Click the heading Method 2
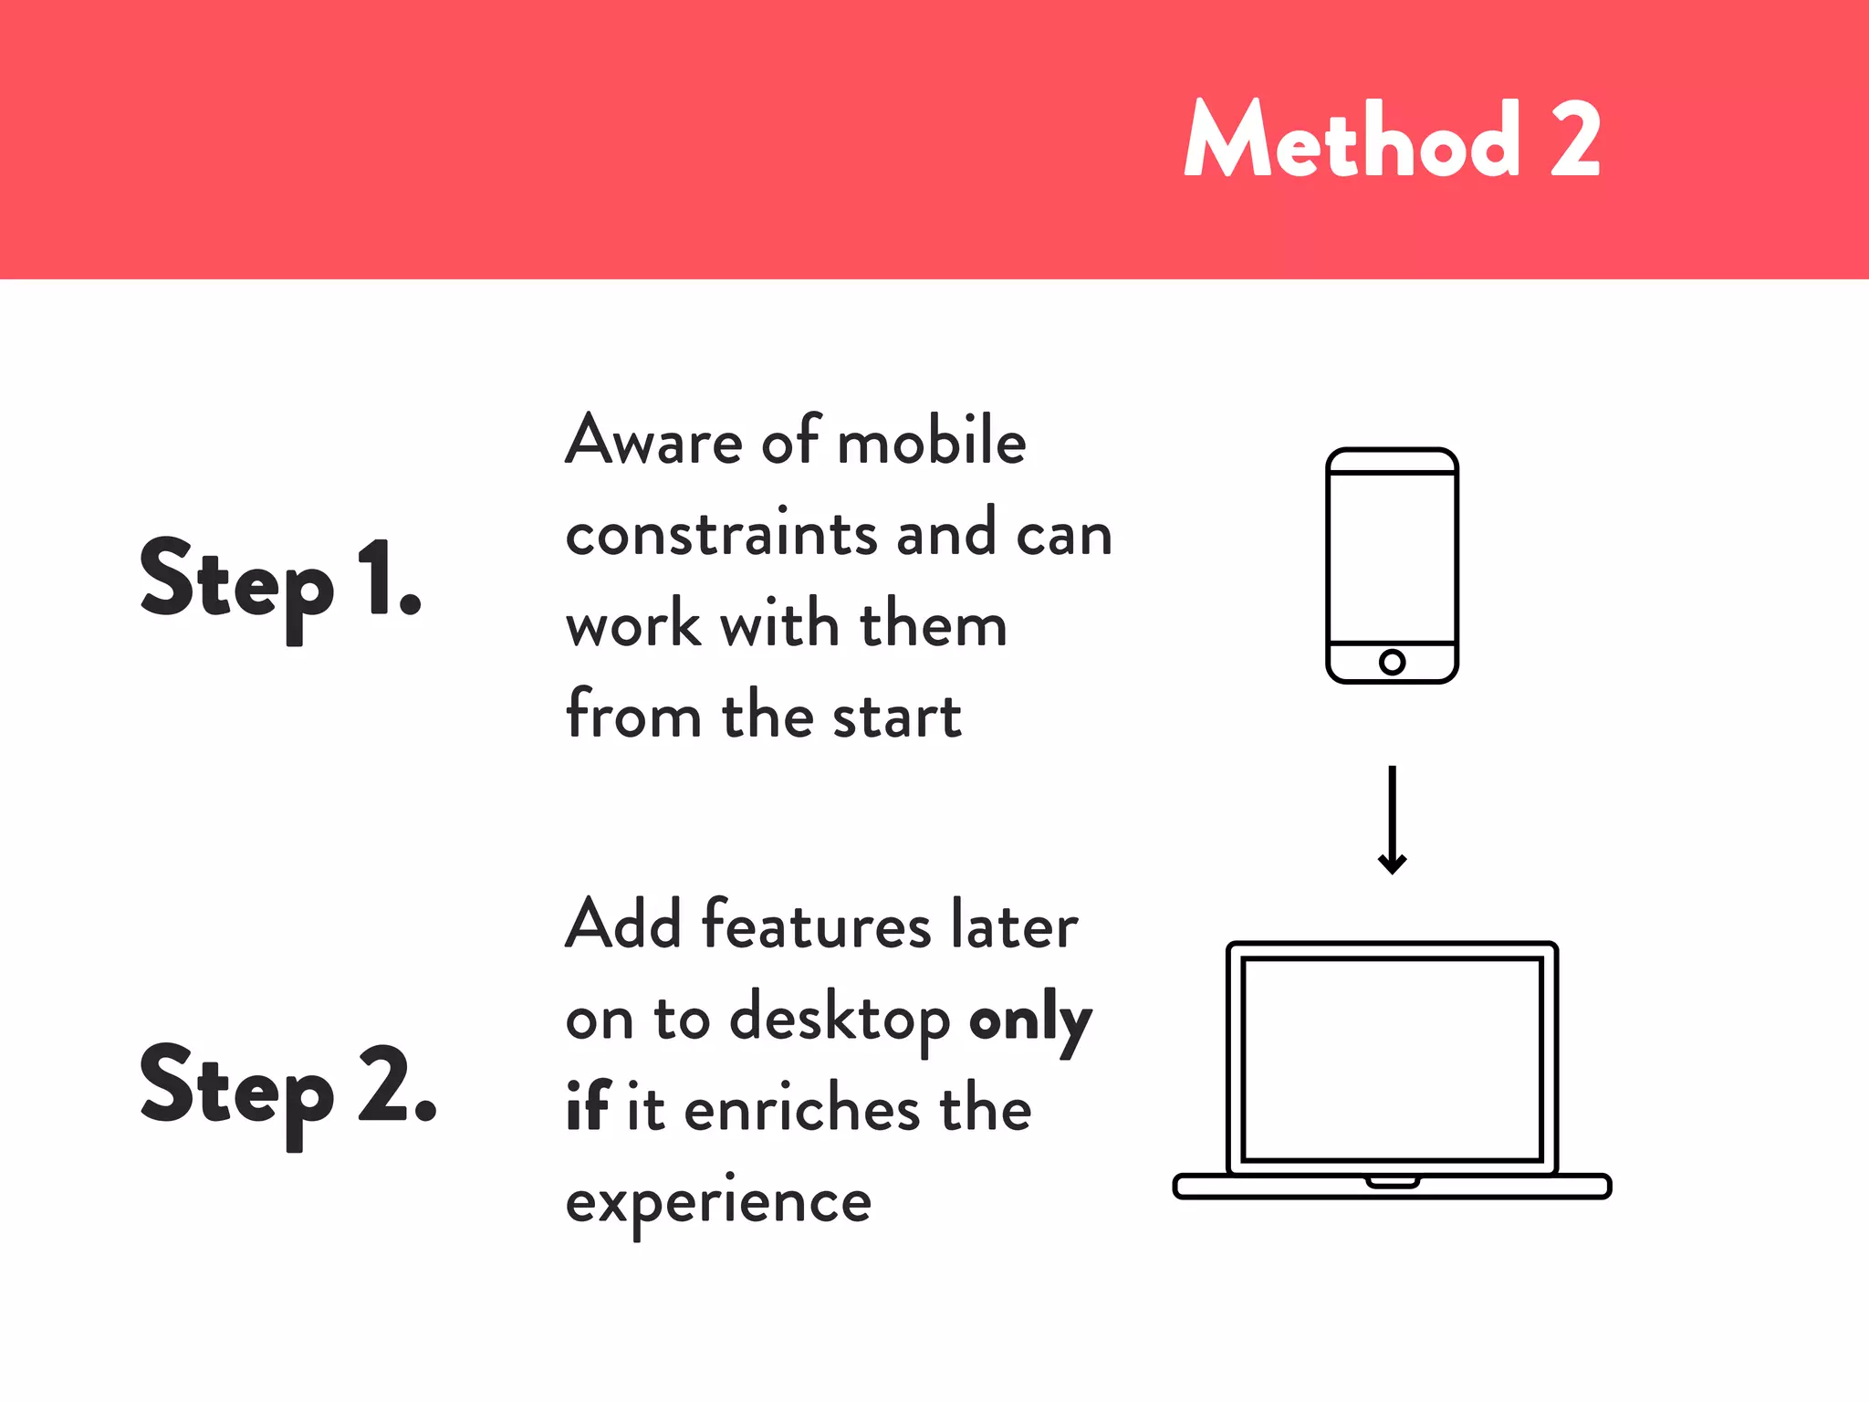(1392, 140)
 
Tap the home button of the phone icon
(1392, 662)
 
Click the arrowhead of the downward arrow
(1392, 863)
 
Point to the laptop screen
(1392, 1059)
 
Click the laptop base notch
(1392, 1183)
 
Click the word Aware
(654, 441)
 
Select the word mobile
(932, 441)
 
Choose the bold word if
(587, 1106)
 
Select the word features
(816, 926)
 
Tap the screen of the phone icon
(1392, 557)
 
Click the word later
(1014, 926)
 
